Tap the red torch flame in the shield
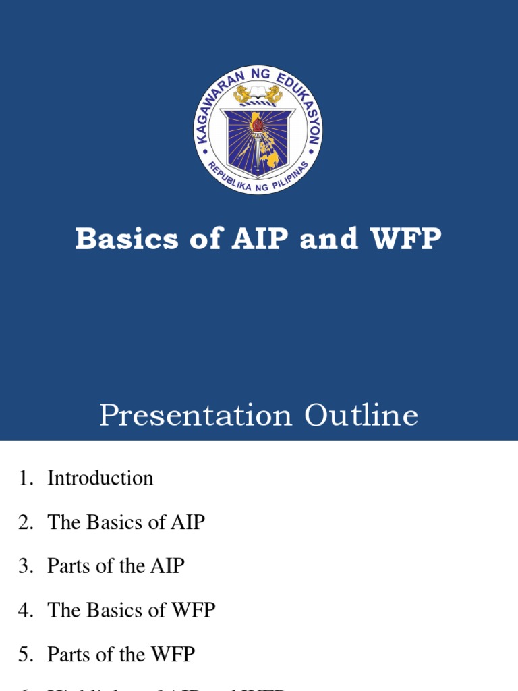(x=257, y=122)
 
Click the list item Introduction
(x=100, y=478)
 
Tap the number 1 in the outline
(x=24, y=478)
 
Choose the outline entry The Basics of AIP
(x=125, y=522)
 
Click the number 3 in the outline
(x=24, y=566)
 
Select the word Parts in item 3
(x=65, y=566)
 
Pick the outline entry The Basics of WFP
(x=131, y=611)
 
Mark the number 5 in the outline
(x=24, y=655)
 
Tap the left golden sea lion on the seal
(x=242, y=94)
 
